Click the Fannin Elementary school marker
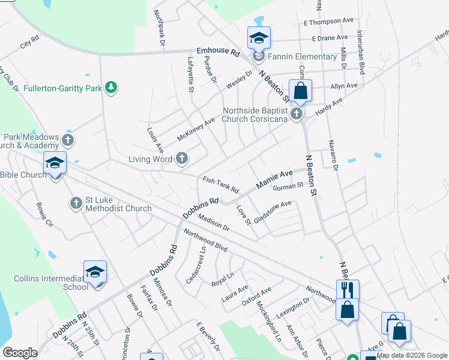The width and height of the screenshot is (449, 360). (x=259, y=38)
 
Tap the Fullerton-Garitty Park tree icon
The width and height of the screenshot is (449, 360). (x=110, y=88)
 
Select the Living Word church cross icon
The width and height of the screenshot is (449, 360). (x=181, y=159)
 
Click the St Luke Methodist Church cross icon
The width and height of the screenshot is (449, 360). (x=76, y=203)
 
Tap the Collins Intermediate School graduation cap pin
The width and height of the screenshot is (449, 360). (x=95, y=272)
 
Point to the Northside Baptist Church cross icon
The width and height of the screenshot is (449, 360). (x=295, y=114)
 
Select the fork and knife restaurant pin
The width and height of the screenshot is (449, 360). (x=347, y=289)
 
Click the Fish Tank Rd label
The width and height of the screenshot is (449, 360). (x=220, y=183)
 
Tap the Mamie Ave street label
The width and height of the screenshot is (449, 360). (x=274, y=179)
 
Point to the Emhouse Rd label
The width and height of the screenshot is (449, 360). (x=218, y=52)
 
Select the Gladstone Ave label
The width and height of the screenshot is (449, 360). (x=273, y=212)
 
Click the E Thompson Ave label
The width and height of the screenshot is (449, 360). (x=328, y=22)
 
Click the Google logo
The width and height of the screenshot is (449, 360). (x=20, y=353)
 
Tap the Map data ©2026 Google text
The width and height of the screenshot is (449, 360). (x=412, y=356)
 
